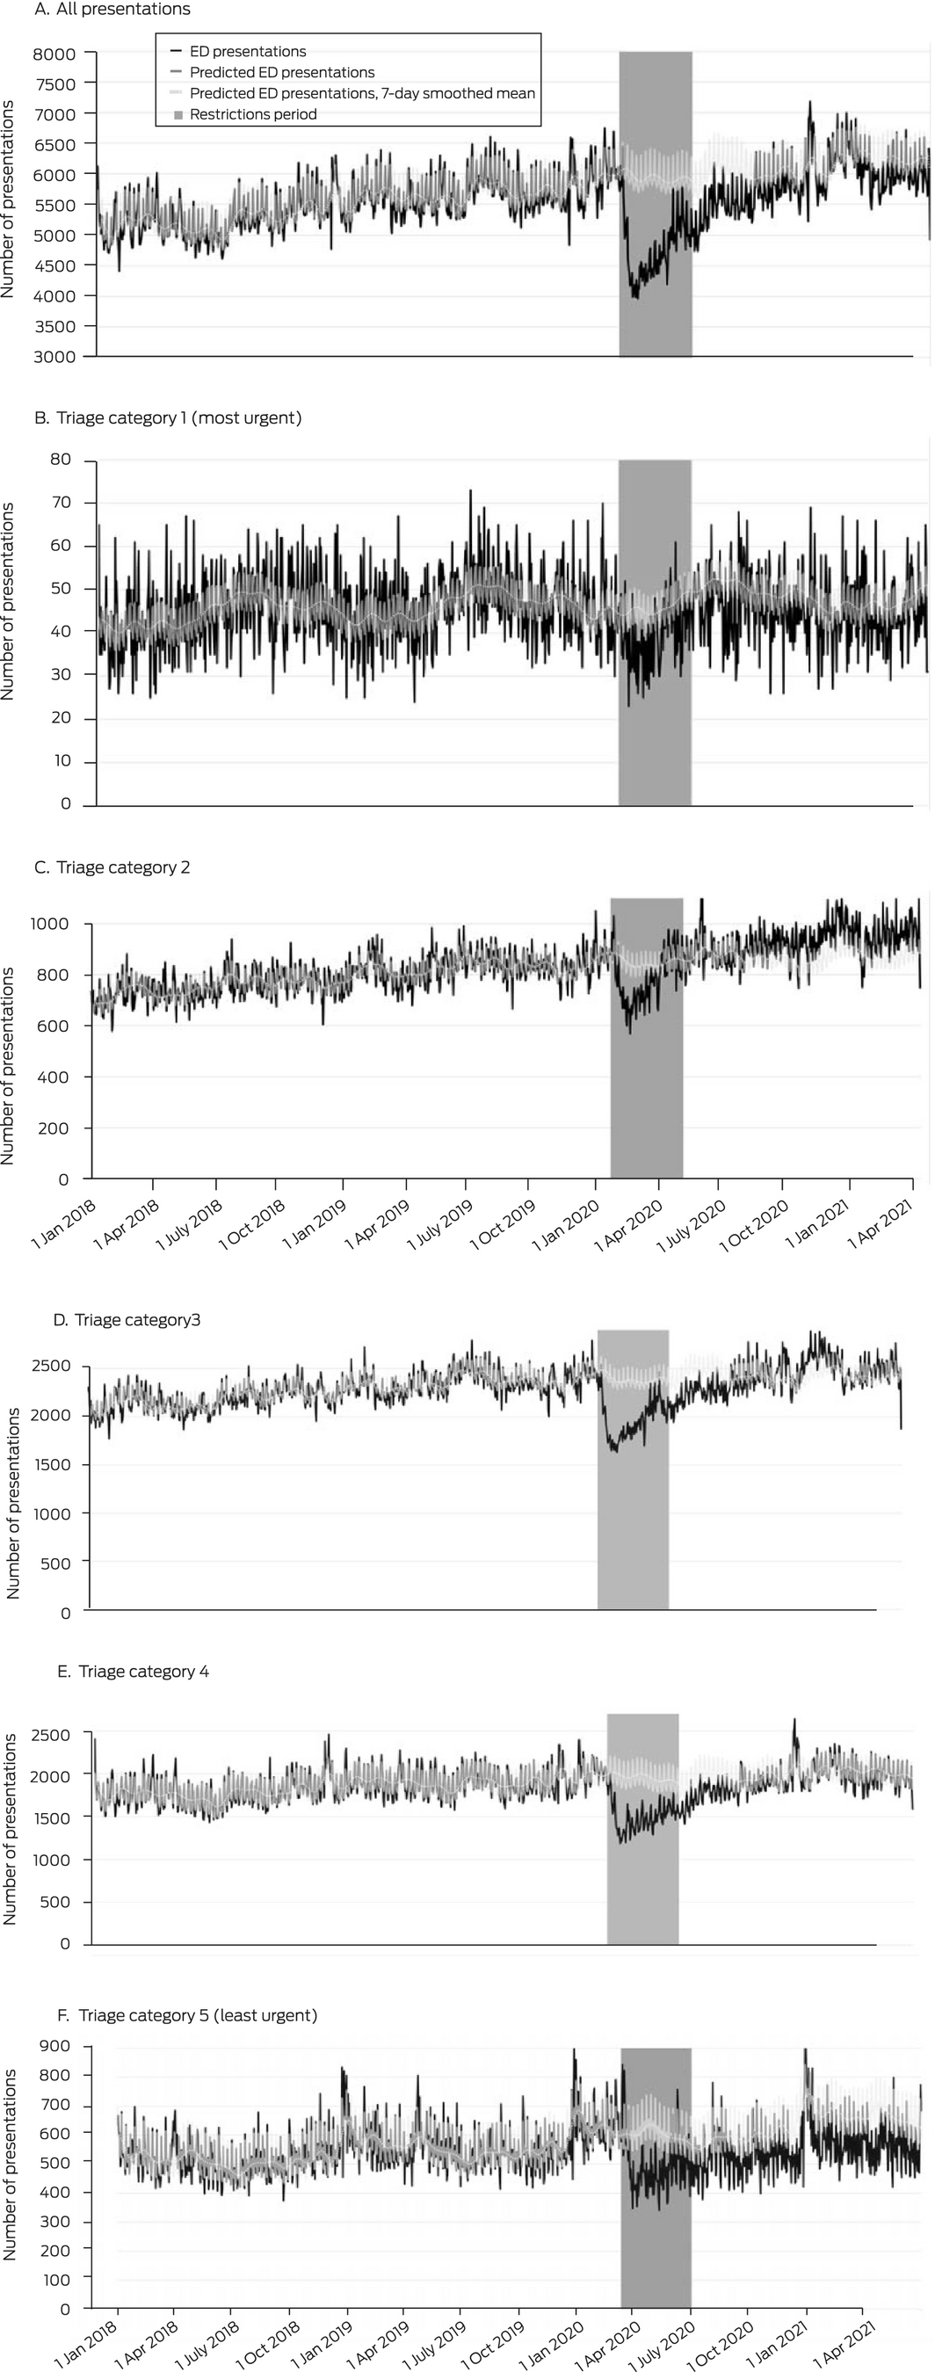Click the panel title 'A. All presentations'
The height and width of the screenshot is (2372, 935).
112,9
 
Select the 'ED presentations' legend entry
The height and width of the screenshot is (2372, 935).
248,52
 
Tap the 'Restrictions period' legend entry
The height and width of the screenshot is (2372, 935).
253,114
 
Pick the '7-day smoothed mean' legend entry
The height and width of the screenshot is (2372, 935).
362,93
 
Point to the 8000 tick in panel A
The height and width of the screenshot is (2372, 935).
54,54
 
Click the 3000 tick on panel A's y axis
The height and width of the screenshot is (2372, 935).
54,356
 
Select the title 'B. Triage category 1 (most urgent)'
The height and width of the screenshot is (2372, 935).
168,418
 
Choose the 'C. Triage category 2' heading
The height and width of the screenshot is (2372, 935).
112,867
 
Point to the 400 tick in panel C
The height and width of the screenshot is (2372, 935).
54,1077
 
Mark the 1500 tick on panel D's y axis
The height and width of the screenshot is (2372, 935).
52,1464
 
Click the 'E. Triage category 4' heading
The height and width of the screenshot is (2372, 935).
133,1672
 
